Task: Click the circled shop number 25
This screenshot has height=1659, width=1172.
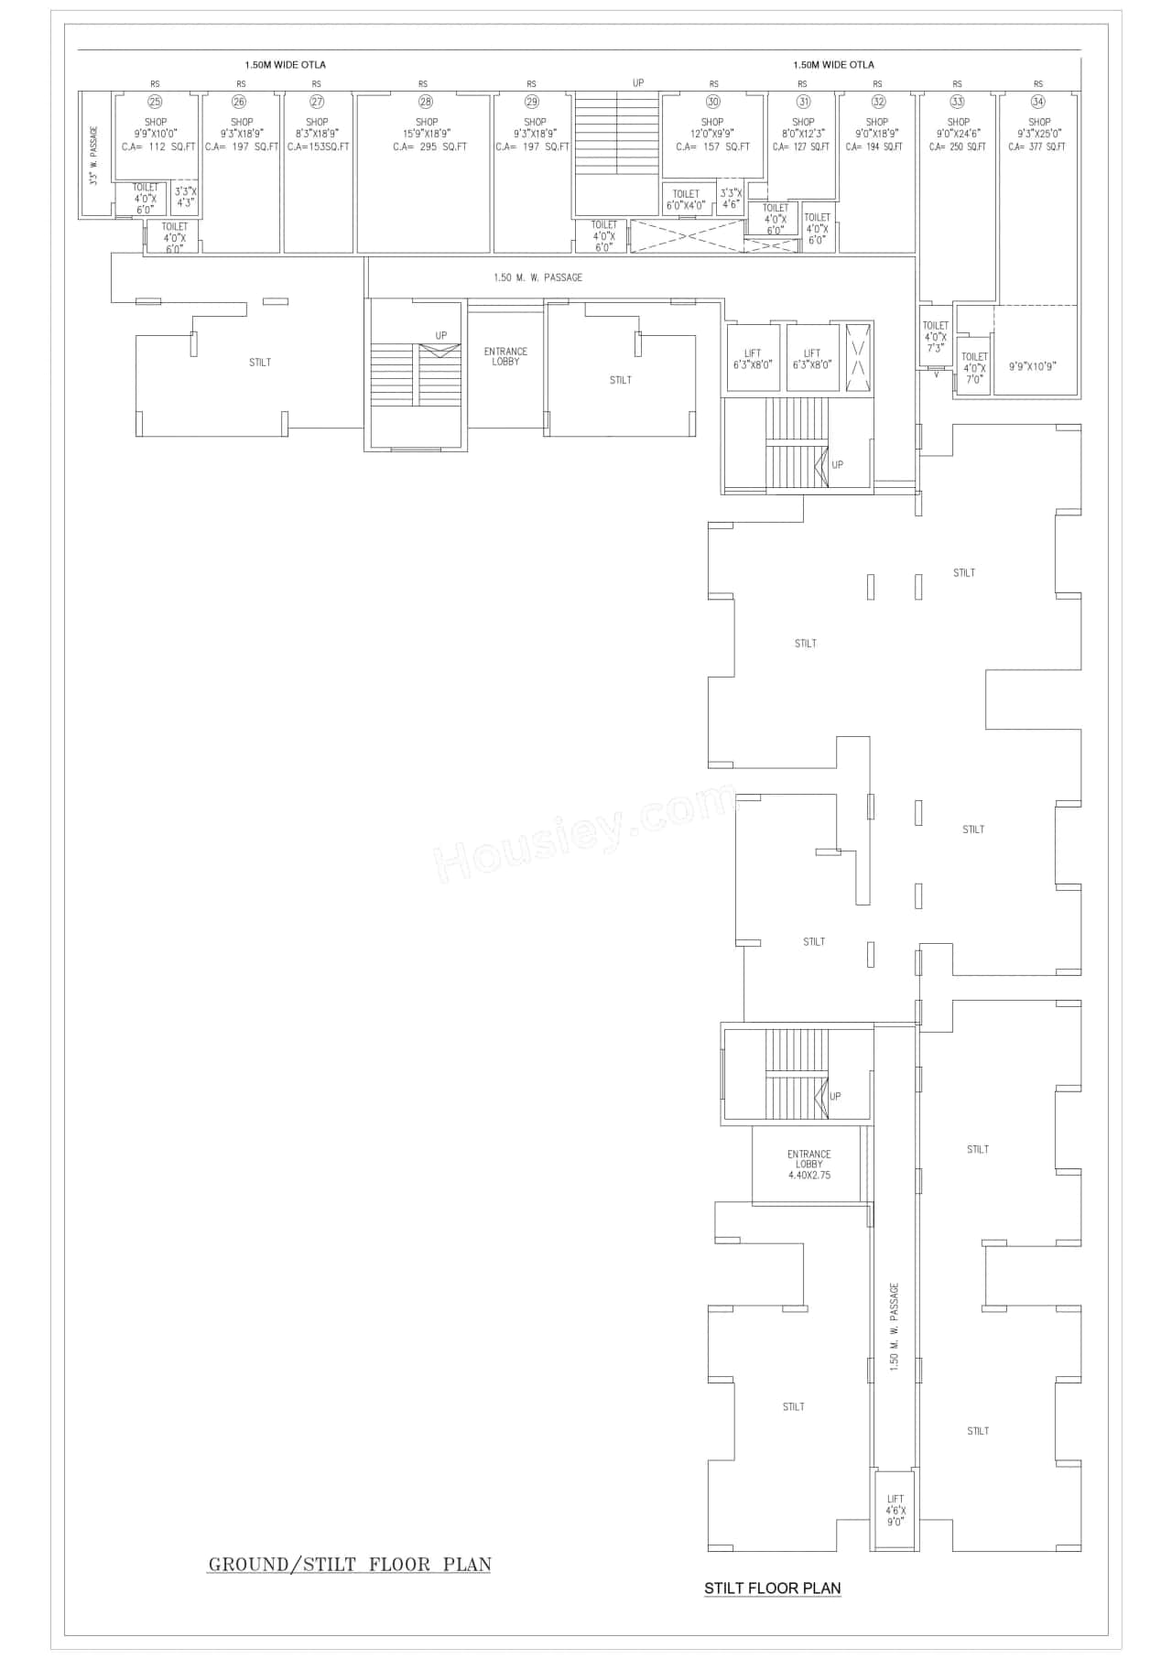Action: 155,102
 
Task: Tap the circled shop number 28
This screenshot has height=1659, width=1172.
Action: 425,102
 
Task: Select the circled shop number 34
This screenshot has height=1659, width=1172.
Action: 1037,102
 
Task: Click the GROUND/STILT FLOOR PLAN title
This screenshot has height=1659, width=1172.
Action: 350,1564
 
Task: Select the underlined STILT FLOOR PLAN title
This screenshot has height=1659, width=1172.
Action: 772,1589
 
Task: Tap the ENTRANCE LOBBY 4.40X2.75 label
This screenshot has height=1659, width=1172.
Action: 808,1165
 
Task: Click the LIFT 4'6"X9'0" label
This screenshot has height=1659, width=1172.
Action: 895,1511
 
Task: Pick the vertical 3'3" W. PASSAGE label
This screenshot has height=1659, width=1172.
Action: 93,155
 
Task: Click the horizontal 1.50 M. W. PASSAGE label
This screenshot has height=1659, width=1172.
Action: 537,277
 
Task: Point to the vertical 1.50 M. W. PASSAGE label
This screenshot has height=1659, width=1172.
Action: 895,1327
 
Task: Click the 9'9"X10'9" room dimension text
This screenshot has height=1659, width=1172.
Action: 1032,366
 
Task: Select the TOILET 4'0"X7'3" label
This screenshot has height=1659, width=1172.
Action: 935,337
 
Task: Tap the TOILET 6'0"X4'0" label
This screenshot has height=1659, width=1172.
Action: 687,200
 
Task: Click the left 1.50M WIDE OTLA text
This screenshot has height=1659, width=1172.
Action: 285,65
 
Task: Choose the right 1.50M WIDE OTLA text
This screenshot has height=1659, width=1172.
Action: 833,65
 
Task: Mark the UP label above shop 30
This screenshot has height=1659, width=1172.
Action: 637,83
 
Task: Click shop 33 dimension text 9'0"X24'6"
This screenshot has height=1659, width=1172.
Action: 958,135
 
